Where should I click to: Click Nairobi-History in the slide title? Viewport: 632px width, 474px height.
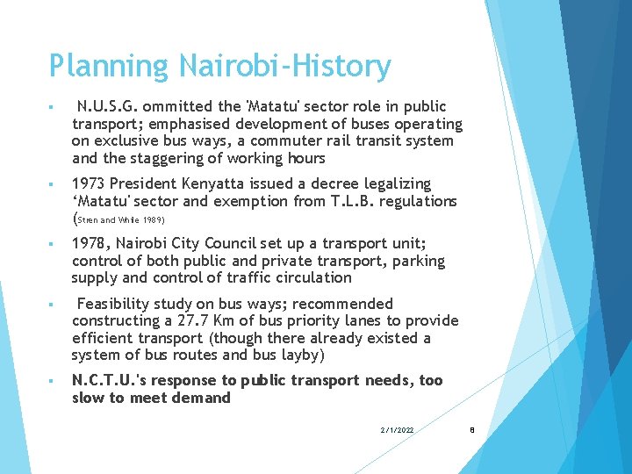point(284,66)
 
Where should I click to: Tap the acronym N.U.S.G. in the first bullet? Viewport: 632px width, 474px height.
point(109,106)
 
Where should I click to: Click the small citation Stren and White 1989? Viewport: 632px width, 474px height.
point(121,219)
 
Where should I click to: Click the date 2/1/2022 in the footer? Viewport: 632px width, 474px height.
point(397,429)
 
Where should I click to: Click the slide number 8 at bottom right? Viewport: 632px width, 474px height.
point(472,429)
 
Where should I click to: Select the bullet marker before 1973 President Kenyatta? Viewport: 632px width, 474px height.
point(54,184)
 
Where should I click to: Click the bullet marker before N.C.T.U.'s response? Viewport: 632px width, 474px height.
point(54,381)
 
